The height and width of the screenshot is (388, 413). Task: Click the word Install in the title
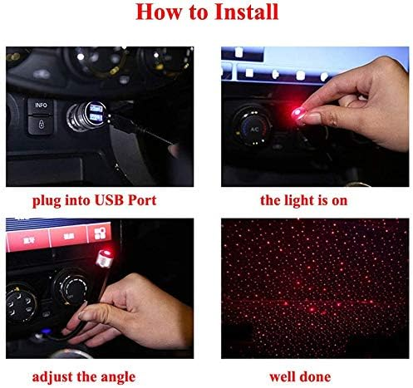246,12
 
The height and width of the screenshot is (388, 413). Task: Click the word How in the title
158,12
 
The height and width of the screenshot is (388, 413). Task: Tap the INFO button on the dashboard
42,106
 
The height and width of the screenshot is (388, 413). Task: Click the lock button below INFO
42,125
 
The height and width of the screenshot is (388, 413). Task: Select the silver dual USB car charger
89,115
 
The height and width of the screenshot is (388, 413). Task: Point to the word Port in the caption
142,200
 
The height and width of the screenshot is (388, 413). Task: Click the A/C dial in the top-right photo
253,128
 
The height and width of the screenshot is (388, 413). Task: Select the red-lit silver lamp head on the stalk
105,258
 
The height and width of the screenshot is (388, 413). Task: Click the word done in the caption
316,377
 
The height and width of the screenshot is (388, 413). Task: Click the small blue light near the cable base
46,332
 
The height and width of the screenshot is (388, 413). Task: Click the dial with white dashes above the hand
70,287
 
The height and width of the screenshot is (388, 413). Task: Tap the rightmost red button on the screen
100,233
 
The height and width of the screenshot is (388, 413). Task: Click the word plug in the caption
47,201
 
